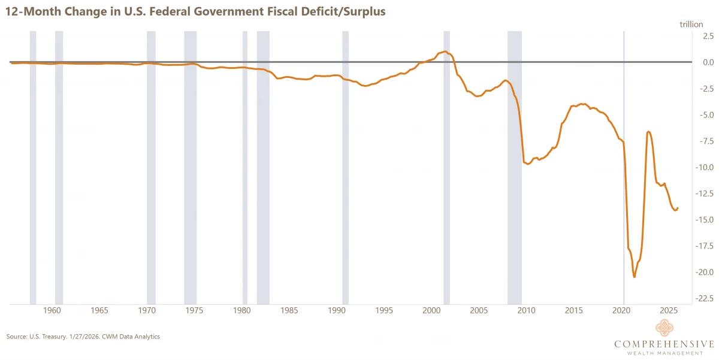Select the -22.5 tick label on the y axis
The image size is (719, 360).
click(702, 298)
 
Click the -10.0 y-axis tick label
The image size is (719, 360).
click(702, 167)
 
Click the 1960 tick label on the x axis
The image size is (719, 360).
click(52, 311)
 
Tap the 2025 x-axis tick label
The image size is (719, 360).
click(669, 311)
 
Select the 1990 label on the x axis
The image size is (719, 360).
click(337, 311)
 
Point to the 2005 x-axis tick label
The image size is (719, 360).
click(479, 311)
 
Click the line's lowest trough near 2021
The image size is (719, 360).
click(635, 277)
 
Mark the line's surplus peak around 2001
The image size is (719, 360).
click(445, 52)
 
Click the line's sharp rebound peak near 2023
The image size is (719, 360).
click(648, 132)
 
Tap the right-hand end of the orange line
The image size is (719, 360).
click(678, 208)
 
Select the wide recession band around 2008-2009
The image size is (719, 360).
click(515, 168)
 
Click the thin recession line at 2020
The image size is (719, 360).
click(624, 168)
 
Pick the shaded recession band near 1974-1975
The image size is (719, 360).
click(190, 168)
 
